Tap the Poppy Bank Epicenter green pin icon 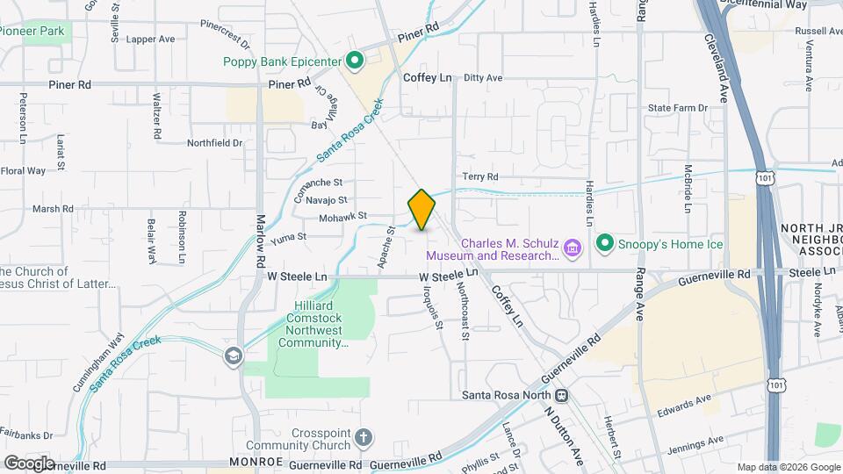[x=355, y=61]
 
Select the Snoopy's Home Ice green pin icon [x=604, y=242]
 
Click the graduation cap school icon [x=233, y=355]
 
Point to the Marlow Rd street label [x=261, y=242]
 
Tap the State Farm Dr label [x=677, y=108]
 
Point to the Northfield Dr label [x=214, y=142]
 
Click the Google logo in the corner [x=29, y=463]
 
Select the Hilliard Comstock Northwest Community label [x=314, y=323]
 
